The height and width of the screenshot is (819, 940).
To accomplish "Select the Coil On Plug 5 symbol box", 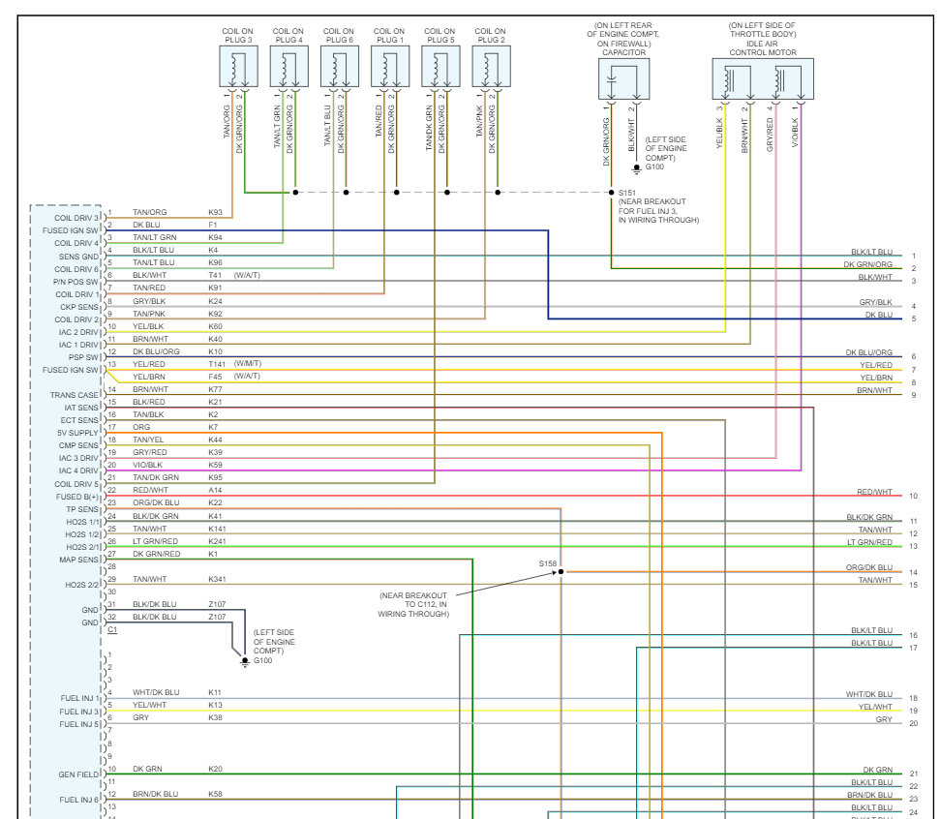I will pos(440,68).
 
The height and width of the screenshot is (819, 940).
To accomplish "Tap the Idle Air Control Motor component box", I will pos(763,78).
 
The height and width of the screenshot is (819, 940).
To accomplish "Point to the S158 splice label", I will pos(549,562).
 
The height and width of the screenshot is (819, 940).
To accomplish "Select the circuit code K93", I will pos(215,212).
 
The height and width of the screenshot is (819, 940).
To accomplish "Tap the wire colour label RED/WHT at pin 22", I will pos(150,490).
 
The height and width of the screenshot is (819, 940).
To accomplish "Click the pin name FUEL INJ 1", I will pos(79,698).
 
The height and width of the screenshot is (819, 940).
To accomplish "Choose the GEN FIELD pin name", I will pos(79,774).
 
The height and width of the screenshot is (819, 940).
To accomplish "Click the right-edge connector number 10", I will pos(913,496).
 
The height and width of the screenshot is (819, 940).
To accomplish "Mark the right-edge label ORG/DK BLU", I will pos(869,567).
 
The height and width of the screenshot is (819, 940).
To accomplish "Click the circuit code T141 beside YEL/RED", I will pos(217,364).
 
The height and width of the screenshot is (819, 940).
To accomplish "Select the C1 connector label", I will pos(112,629).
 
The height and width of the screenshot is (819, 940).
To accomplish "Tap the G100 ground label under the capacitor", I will pos(655,167).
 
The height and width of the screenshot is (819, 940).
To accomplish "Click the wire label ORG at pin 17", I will pos(141,427).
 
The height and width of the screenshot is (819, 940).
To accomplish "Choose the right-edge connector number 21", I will pos(913,773).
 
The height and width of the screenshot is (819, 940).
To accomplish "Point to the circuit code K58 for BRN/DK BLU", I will pos(215,794).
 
